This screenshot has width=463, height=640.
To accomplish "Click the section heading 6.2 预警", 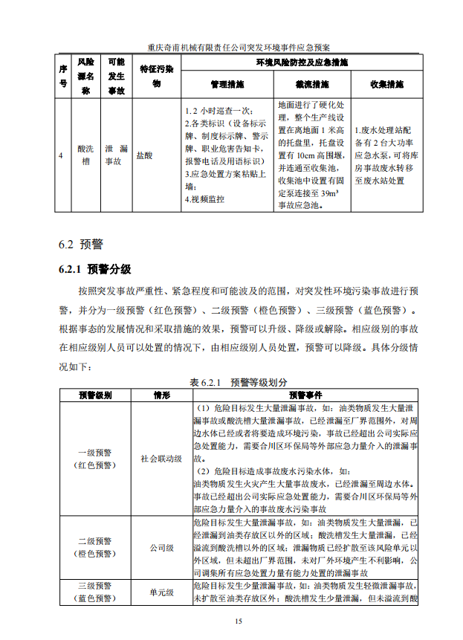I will pos(81,244).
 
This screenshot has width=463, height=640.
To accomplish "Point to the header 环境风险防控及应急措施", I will pos(302,62).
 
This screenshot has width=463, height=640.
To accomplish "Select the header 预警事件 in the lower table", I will pos(305,395).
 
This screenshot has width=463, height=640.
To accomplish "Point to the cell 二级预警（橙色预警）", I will pos(94,548).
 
